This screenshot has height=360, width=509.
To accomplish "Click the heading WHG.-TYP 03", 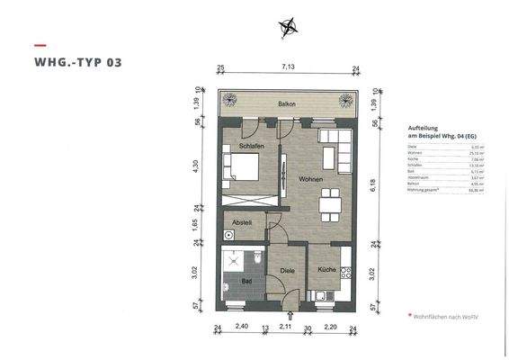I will pos(77,63).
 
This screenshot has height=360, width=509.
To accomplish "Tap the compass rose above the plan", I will pos(290,27).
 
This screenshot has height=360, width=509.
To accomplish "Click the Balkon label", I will pos(287,104).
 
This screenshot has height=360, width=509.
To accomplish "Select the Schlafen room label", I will pos(251,145).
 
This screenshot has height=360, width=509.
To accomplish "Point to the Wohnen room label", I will pos(299,179).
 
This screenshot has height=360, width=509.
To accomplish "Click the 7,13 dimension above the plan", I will pos(287,67).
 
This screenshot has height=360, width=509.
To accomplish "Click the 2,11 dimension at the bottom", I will pos(285,328).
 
